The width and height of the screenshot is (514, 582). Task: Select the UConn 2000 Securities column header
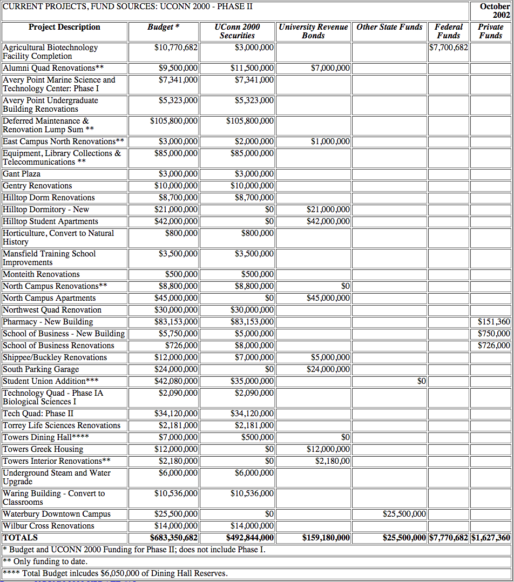pos(237,31)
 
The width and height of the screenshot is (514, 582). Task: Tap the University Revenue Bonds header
pos(313,31)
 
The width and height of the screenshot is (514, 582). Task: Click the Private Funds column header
pos(490,31)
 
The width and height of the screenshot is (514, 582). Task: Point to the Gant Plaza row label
pos(22,174)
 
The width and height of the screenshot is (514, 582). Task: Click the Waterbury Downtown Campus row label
pos(57,514)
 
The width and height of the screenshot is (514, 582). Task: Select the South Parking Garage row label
pos(41,369)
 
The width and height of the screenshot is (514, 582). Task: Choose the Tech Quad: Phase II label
pos(38,414)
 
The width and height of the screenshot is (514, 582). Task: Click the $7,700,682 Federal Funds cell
pos(449,48)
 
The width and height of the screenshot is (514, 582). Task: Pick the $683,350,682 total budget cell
pos(174,538)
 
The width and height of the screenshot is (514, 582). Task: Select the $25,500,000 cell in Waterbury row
pos(404,514)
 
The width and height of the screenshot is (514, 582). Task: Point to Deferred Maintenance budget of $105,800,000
pos(174,121)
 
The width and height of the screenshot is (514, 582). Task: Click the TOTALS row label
pos(21,538)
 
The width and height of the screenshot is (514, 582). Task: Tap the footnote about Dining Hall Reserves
pos(115,573)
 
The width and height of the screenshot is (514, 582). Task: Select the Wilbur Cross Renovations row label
pos(49,526)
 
